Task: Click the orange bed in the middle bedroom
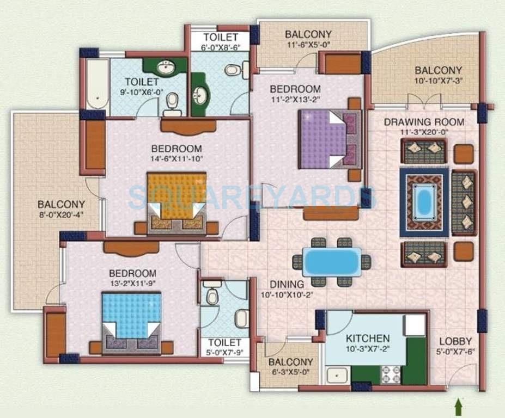click(176, 195)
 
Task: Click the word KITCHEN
click(368, 338)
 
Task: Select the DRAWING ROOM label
click(424, 122)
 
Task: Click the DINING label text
click(287, 284)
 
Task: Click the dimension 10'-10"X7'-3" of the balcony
click(438, 81)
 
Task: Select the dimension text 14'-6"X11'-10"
click(177, 159)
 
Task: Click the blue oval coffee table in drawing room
click(424, 201)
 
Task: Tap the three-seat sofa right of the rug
click(464, 202)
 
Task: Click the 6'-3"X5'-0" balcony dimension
click(291, 373)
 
